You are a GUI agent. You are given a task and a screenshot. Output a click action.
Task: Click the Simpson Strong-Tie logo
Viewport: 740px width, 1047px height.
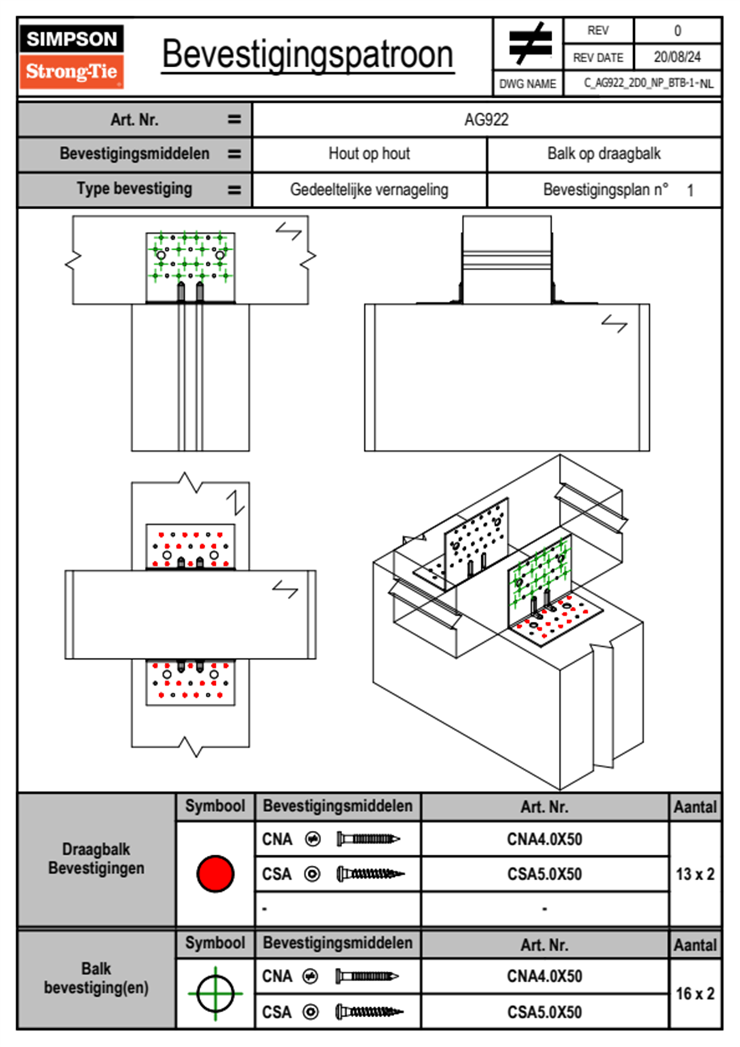point(72,57)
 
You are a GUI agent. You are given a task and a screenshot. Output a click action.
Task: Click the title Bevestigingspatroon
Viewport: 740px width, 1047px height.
point(307,55)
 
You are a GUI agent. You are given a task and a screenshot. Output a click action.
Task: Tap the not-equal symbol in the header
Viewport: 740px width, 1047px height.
point(530,44)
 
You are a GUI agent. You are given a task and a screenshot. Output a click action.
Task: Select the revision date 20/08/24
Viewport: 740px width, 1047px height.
point(677,57)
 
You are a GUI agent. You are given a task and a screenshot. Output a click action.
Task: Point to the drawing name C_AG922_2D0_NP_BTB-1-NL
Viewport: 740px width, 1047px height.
point(648,83)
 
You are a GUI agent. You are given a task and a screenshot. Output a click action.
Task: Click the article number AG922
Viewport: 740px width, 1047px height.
point(486,120)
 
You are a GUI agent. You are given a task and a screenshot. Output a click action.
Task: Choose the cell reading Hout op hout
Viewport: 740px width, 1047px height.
point(369,154)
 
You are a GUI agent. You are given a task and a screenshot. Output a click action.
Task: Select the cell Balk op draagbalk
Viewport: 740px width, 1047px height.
point(604,154)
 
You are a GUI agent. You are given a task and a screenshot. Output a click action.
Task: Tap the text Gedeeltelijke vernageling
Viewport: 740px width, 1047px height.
point(369,190)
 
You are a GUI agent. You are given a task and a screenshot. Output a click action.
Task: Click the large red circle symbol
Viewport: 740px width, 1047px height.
point(215,873)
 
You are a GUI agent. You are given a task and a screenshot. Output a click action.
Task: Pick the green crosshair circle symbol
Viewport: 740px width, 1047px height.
point(215,993)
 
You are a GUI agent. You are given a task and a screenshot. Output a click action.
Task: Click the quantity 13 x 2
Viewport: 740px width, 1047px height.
point(695,874)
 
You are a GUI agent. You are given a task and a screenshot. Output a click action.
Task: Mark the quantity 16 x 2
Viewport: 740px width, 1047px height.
point(695,993)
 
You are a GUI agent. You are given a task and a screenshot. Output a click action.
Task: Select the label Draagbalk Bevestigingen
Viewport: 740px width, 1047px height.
point(96,858)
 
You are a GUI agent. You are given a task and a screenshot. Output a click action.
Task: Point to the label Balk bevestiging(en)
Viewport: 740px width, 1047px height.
point(96,978)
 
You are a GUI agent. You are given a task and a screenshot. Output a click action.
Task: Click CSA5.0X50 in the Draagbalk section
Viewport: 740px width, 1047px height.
point(544,874)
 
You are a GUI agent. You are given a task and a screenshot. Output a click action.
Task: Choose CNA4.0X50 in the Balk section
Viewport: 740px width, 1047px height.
point(544,976)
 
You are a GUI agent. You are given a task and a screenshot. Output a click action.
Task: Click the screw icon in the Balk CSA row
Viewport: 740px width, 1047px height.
point(369,1012)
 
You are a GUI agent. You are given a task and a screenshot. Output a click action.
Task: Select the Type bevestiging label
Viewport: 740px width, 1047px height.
point(134,189)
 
